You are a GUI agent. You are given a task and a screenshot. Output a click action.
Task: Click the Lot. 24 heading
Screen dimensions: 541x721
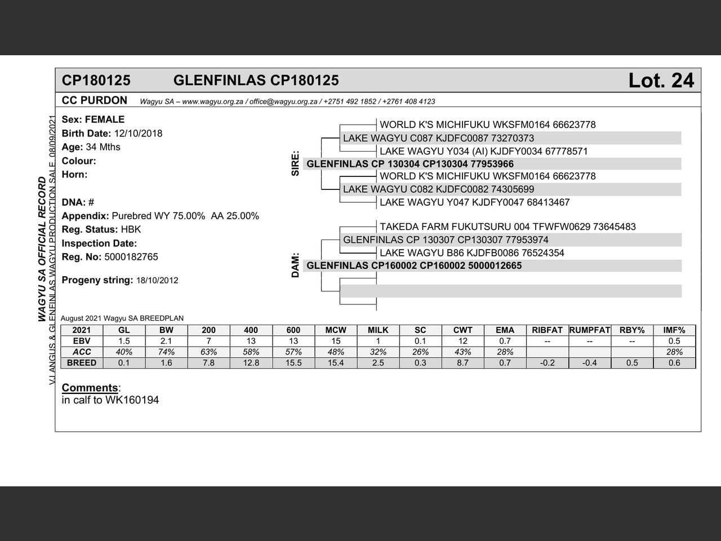pos(661,81)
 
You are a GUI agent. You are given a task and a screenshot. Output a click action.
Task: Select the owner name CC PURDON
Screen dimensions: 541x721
pos(95,100)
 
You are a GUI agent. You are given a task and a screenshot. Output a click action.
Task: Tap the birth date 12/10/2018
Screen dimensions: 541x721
pos(138,134)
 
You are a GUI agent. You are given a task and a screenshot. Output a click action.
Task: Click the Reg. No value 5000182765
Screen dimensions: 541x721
pos(131,257)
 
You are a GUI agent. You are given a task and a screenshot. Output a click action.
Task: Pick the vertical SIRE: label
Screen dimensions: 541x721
pos(295,163)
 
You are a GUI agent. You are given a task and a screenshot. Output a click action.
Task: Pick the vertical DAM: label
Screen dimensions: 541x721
pos(295,265)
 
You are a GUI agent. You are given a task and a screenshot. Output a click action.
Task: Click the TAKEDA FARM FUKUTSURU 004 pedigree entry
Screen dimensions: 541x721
pos(507,227)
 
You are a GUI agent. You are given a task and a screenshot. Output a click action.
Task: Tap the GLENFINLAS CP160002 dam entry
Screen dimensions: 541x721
pos(414,265)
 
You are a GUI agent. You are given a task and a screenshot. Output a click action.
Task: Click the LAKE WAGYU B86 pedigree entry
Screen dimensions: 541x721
pos(471,253)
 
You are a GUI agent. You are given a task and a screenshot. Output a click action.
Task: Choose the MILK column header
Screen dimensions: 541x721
pos(378,330)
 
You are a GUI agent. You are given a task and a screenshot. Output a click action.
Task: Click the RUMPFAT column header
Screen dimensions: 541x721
pos(590,330)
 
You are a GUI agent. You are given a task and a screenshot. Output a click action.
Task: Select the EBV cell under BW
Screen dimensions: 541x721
pos(166,341)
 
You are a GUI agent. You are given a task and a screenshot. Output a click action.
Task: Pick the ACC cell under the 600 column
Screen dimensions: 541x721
pos(293,352)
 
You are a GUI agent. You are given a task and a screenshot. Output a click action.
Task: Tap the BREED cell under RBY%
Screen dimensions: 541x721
pos(632,363)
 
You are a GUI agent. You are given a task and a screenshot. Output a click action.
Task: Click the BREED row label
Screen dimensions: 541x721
pos(82,363)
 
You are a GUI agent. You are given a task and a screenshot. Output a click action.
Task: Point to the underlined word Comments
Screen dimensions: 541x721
pos(90,388)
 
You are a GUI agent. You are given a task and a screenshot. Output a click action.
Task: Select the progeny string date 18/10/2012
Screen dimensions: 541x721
pos(157,281)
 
